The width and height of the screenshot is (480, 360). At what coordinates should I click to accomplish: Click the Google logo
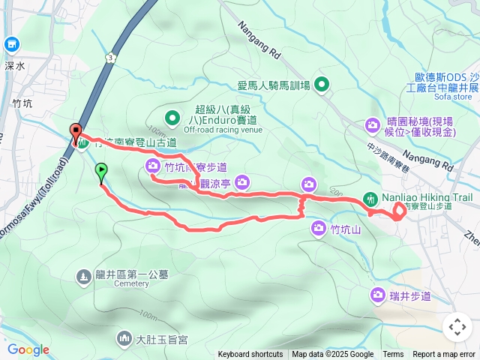(x=28, y=349)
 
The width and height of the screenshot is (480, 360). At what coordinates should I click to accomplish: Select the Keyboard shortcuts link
(x=250, y=355)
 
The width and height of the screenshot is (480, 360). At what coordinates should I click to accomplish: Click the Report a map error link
(x=445, y=355)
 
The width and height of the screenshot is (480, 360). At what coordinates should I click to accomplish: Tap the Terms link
(x=393, y=355)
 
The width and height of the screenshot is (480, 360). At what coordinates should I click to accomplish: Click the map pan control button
(x=457, y=327)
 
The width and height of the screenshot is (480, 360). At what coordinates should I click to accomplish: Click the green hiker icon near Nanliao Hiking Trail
(x=370, y=199)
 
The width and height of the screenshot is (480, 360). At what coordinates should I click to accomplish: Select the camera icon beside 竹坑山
(x=318, y=227)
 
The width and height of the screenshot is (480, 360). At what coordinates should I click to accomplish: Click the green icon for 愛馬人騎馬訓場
(x=322, y=84)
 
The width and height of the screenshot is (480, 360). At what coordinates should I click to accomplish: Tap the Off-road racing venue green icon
(x=172, y=117)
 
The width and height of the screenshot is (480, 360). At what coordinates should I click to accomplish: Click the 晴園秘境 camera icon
(x=373, y=124)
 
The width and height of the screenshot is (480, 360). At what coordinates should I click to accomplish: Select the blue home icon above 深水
(x=12, y=45)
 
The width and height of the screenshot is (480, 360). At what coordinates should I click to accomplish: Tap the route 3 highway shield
(x=111, y=57)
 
